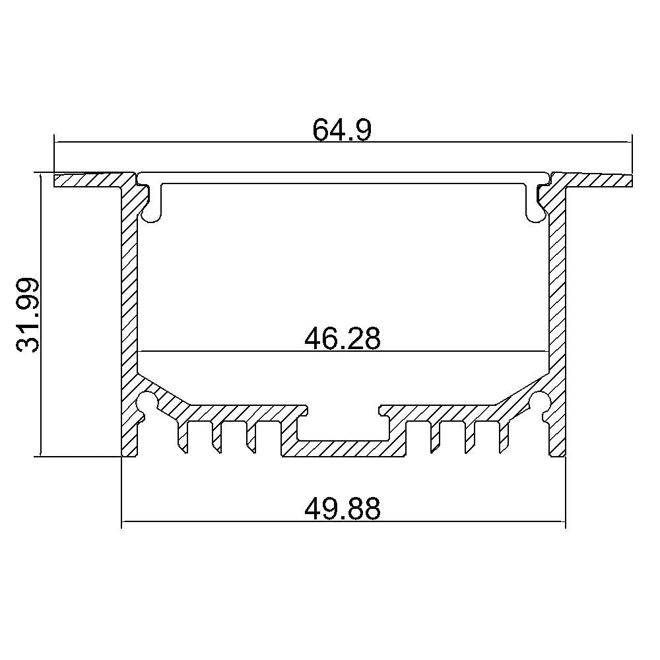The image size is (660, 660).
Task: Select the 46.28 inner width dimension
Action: coord(342,339)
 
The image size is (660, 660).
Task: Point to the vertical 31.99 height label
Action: coord(28,314)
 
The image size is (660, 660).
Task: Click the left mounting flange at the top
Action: coord(92,180)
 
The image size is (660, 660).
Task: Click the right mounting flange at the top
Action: coord(593,180)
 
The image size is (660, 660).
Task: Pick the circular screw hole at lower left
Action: coord(147,401)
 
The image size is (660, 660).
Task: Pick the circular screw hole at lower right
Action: coord(540,401)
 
